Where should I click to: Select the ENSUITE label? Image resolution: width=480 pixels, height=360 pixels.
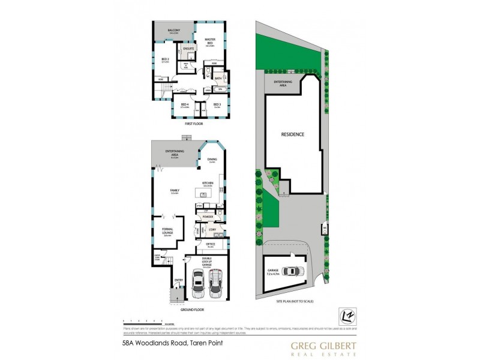coord(188,47)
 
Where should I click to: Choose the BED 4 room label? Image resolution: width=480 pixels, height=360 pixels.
coord(185,104)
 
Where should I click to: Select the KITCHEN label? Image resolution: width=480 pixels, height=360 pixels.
coord(208,184)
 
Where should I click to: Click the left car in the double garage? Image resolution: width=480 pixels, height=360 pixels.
coord(199,283)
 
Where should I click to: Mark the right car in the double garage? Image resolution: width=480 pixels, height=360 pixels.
coord(215,283)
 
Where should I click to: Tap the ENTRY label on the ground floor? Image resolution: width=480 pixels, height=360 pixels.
coord(178,280)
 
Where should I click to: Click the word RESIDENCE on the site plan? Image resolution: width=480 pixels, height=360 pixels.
coord(293,134)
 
